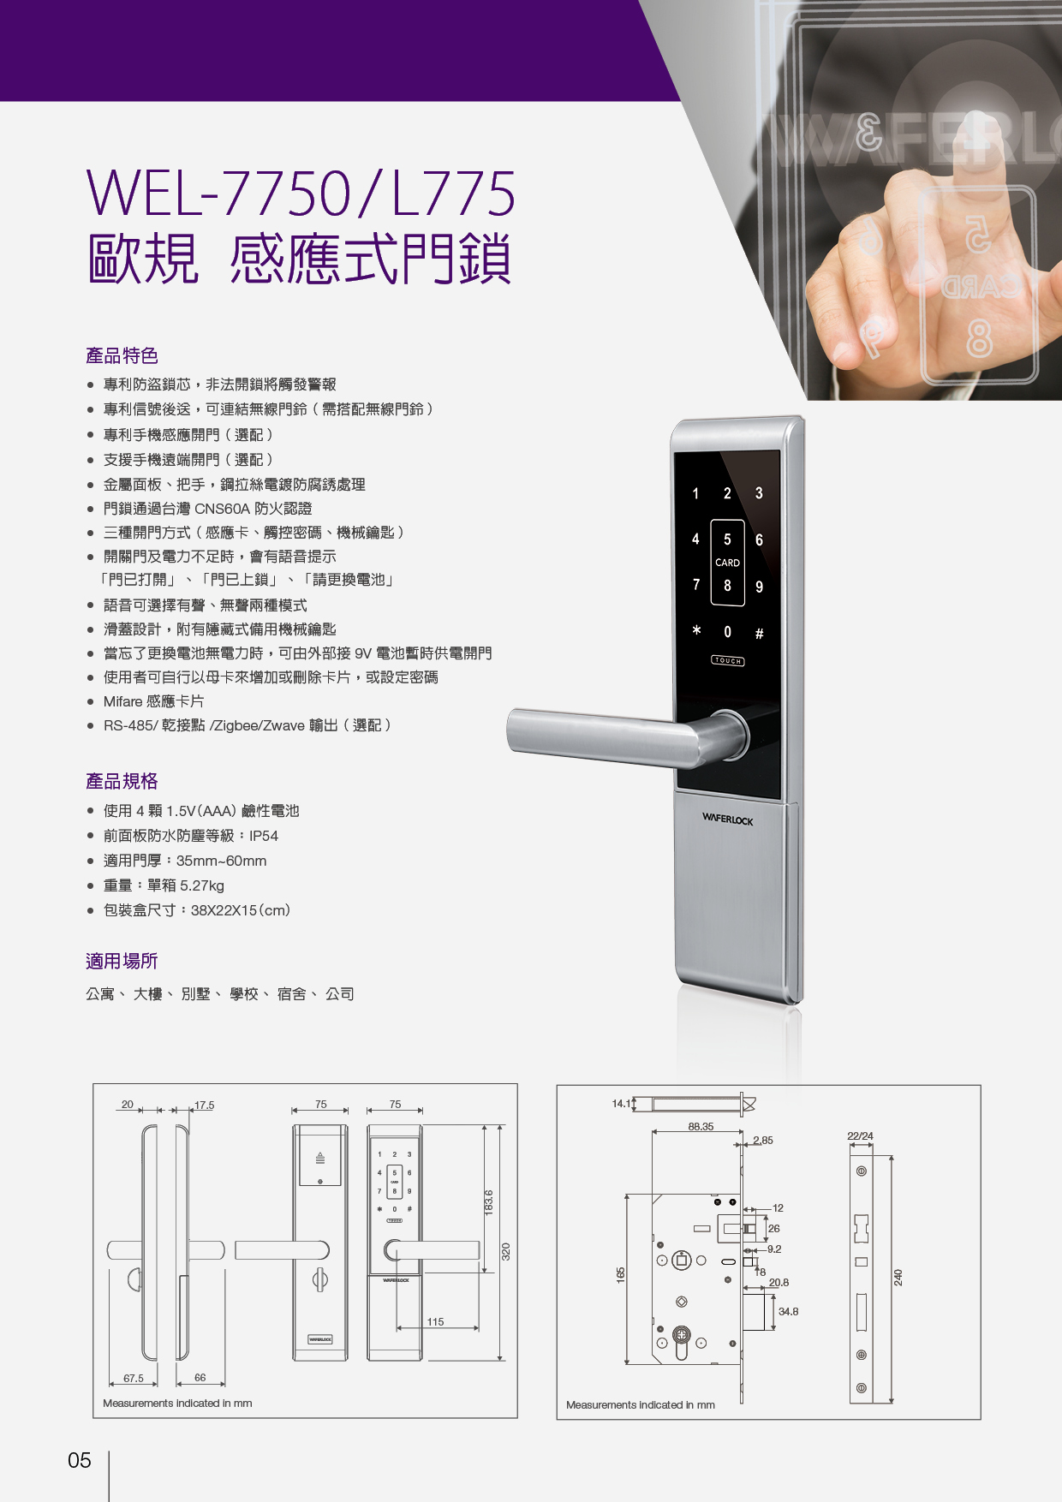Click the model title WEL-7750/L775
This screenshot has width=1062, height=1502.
pyautogui.click(x=301, y=194)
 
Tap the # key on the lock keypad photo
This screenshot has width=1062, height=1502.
pyautogui.click(x=759, y=634)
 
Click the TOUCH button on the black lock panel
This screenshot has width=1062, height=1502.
pyautogui.click(x=727, y=660)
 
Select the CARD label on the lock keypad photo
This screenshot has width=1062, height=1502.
pyautogui.click(x=727, y=563)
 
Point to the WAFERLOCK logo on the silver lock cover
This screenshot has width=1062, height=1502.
pyautogui.click(x=727, y=820)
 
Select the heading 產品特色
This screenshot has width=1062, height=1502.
pyautogui.click(x=122, y=355)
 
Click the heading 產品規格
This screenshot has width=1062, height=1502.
pyautogui.click(x=122, y=781)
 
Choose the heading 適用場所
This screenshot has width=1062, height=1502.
pyautogui.click(x=122, y=961)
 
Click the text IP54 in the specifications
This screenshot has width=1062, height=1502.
pyautogui.click(x=264, y=836)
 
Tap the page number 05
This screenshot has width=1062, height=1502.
pyautogui.click(x=80, y=1460)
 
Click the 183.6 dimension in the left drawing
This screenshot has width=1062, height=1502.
pyautogui.click(x=489, y=1201)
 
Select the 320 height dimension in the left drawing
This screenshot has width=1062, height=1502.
pyautogui.click(x=505, y=1251)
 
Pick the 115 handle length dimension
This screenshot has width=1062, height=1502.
pyautogui.click(x=435, y=1321)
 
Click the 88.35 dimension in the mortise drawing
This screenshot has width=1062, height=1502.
pyautogui.click(x=701, y=1126)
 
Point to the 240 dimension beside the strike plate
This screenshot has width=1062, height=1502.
pyautogui.click(x=898, y=1277)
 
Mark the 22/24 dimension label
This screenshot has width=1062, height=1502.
pyautogui.click(x=860, y=1135)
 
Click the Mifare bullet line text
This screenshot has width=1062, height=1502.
pyautogui.click(x=154, y=701)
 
